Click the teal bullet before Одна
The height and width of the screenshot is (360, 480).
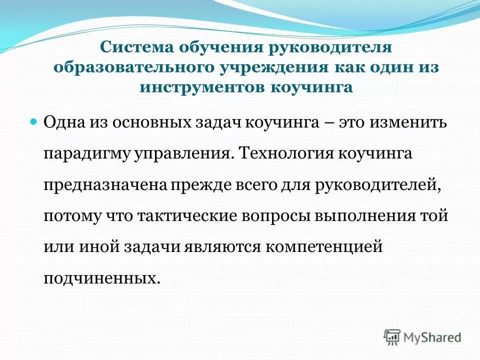click(x=34, y=122)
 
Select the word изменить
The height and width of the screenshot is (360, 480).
click(x=408, y=122)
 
